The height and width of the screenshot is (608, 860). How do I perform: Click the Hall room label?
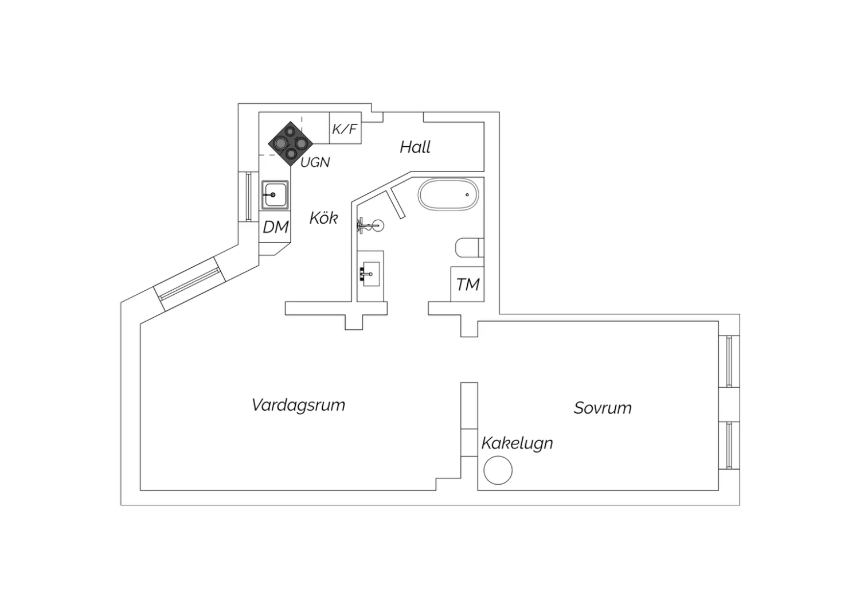click(415, 147)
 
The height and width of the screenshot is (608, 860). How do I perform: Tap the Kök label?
click(324, 218)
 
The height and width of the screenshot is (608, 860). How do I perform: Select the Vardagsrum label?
click(298, 405)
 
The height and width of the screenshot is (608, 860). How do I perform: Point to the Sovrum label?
click(603, 407)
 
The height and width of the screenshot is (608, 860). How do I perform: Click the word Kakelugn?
click(517, 443)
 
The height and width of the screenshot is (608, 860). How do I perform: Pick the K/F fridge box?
click(346, 128)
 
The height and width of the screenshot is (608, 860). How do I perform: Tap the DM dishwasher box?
click(275, 227)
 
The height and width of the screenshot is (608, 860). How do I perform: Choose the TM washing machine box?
click(467, 284)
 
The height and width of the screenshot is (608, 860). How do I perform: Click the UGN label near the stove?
click(315, 162)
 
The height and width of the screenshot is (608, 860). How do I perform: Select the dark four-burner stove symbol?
click(290, 143)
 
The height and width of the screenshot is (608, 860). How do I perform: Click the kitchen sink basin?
click(275, 195)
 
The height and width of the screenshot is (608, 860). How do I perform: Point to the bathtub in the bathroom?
click(448, 194)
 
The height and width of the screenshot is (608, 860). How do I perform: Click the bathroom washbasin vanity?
click(370, 276)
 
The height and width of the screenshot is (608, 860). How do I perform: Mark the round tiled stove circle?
click(498, 470)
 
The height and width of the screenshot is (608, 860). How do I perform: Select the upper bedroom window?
click(729, 361)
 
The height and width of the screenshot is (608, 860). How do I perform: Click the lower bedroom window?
click(729, 445)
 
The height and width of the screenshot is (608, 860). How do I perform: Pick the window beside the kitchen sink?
click(248, 197)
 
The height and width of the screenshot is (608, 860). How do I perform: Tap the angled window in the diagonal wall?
click(190, 284)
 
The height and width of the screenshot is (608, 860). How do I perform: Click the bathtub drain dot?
click(467, 194)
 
